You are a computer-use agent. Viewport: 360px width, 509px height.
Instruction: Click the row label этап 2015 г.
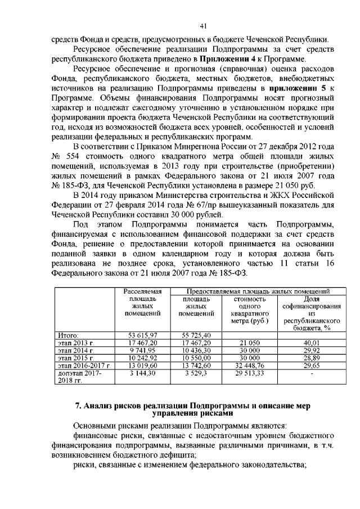coord(76,357)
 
